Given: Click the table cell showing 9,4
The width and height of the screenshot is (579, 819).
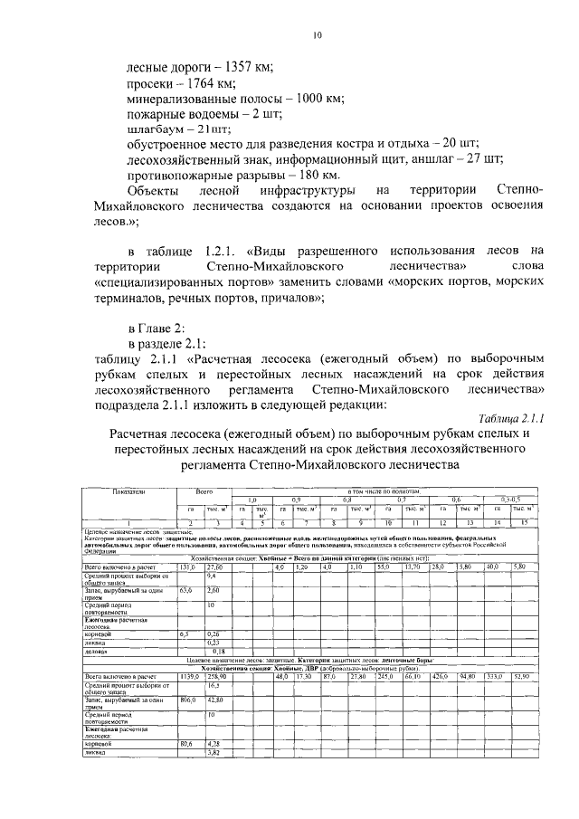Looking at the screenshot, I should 212,576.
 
